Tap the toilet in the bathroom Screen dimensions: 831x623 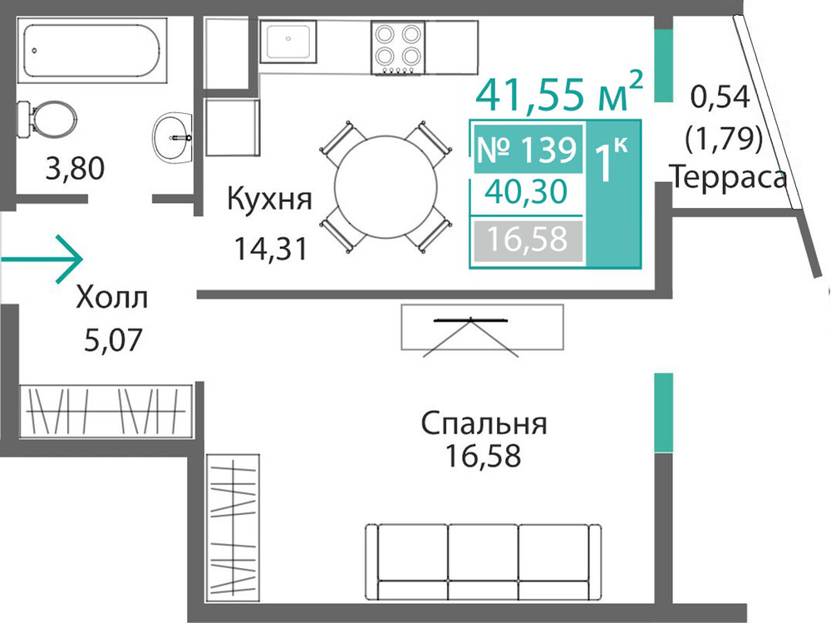coord(47,120)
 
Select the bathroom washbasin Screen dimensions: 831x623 coord(172,137)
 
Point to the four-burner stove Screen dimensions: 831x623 coord(398,47)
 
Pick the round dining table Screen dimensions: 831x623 coord(386,187)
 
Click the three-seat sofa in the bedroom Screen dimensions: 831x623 coord(483,562)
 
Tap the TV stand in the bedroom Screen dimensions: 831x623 coord(482,328)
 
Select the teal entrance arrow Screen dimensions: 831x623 coord(42,259)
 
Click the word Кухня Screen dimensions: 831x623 coord(269,200)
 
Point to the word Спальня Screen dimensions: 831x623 coord(484,424)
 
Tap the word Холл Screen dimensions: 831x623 coord(112,298)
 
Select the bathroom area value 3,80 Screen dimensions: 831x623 coord(75,169)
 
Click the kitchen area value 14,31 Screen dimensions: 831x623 coord(271,249)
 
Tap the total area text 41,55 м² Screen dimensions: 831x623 coord(559,92)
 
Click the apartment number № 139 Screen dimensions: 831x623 coord(527,149)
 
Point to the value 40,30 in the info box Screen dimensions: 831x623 coord(526,191)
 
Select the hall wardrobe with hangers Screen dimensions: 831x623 coord(106,412)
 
